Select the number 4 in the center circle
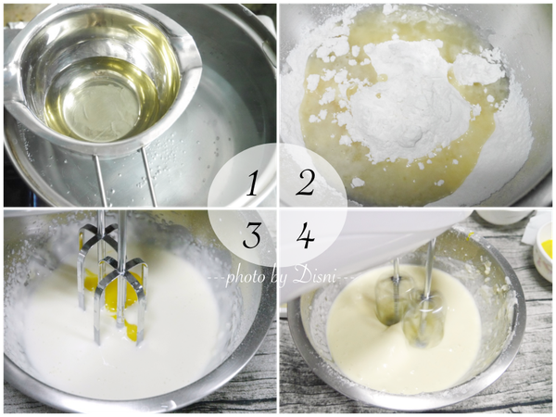point(305,236)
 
